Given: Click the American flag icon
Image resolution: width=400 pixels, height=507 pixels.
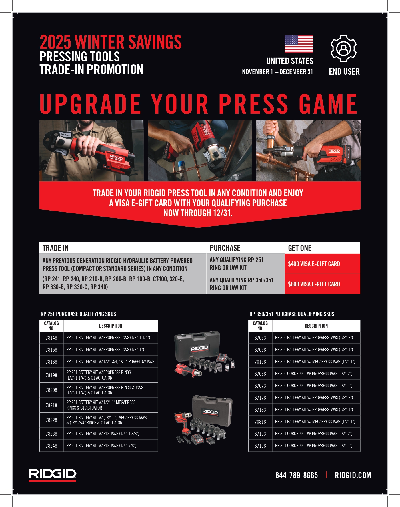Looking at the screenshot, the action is click(x=299, y=44).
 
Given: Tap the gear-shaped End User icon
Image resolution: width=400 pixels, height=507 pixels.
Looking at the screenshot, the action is click(x=343, y=48).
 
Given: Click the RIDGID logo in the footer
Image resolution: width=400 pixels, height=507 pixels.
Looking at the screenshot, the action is click(x=52, y=475).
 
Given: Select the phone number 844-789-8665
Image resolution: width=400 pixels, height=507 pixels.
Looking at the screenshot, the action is click(x=297, y=475).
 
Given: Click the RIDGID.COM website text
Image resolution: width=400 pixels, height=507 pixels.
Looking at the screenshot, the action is click(x=353, y=475).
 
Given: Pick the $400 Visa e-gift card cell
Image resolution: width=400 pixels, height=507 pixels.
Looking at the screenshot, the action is click(x=323, y=264).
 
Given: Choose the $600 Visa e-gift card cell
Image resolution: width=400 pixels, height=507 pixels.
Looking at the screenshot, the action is click(x=323, y=284).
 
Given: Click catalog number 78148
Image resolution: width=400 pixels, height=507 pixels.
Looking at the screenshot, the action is click(x=51, y=338).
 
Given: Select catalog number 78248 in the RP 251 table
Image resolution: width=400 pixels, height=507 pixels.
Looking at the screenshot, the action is click(x=51, y=446).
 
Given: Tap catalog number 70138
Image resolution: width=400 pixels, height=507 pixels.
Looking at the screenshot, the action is click(x=260, y=362).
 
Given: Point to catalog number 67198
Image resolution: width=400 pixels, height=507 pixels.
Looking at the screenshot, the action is click(x=260, y=446).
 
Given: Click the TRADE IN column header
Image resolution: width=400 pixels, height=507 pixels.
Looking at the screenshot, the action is click(x=55, y=248).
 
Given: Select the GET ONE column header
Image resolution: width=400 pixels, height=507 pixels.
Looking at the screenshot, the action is click(x=300, y=248).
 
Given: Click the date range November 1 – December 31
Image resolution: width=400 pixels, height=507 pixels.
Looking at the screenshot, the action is click(x=277, y=72).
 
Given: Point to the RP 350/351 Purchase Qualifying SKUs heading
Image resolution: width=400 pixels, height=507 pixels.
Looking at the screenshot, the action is click(x=292, y=314).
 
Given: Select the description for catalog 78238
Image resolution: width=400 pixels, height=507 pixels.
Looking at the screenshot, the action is click(x=103, y=434).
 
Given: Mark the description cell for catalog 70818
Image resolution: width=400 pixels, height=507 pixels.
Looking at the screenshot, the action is click(x=315, y=422).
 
